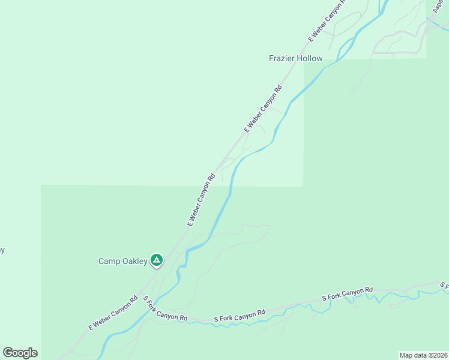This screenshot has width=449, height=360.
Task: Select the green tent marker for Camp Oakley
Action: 156,260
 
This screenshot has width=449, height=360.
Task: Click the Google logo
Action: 20,353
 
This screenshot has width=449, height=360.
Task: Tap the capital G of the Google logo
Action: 8,353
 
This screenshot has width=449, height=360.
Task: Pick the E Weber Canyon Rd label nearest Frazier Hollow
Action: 263,109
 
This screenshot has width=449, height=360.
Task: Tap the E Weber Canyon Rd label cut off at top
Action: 328,21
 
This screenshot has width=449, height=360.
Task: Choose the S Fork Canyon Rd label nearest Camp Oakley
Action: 165,308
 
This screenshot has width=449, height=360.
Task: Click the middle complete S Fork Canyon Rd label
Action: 240,316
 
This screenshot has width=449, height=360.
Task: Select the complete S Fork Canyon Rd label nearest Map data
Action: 347,294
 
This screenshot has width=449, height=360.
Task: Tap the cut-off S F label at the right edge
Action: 444,285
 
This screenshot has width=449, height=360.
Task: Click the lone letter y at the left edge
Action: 2,250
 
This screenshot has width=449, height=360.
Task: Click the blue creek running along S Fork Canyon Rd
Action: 282,312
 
